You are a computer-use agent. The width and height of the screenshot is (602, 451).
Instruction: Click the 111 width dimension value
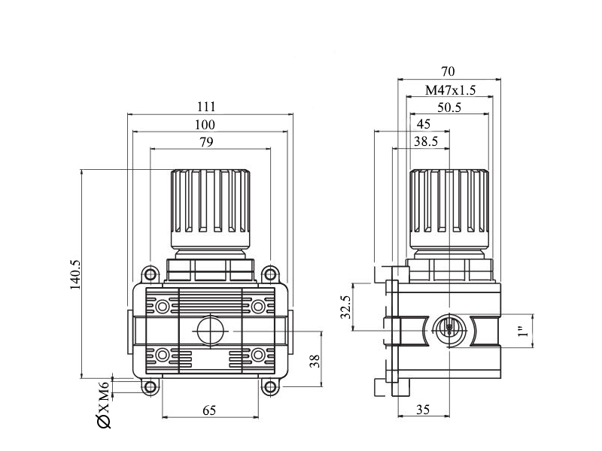[x=206, y=106]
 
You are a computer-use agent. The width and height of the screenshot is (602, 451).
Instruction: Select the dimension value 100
[x=205, y=125]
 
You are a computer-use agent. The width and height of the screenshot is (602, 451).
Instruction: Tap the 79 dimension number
[x=206, y=142]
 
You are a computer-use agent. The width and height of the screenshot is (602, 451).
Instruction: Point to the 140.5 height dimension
[x=76, y=274]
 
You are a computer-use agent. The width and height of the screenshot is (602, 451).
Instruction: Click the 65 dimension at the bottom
[x=209, y=410]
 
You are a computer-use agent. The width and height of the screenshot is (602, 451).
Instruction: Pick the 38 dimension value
[x=315, y=361]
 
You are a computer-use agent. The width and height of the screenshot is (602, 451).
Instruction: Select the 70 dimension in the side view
[x=448, y=71]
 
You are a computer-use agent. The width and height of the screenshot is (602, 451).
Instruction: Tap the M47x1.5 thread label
[x=450, y=90]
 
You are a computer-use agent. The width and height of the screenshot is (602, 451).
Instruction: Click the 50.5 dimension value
[x=449, y=107]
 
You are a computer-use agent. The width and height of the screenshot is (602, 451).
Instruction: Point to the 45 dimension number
[x=424, y=124]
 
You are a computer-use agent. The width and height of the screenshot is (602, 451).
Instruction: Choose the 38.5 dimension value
[x=426, y=141]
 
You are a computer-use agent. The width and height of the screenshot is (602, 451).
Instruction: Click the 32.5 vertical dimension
[x=346, y=307]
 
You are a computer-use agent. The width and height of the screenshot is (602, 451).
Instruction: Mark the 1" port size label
[x=523, y=331]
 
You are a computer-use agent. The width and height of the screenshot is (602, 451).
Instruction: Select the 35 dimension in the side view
[x=423, y=410]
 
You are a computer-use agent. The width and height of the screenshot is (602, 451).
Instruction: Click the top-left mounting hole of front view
[x=150, y=274]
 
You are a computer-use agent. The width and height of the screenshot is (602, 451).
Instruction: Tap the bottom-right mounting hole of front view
[x=270, y=387]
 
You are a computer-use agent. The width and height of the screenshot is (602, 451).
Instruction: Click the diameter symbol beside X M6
[x=105, y=422]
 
